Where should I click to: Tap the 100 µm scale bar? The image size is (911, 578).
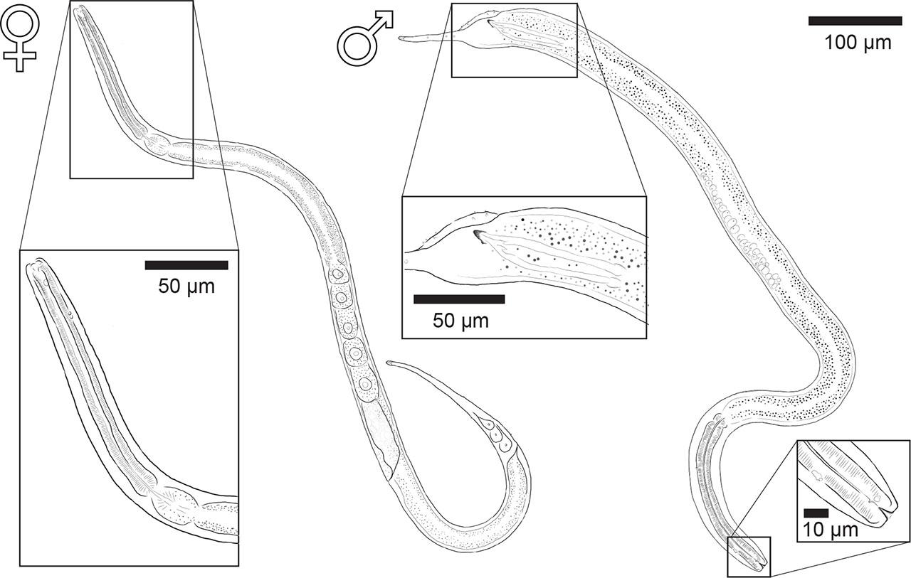click(855, 21)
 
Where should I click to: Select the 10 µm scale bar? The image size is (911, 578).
click(816, 513)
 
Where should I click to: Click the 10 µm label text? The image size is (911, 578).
click(831, 530)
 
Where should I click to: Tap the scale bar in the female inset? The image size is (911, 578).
click(186, 265)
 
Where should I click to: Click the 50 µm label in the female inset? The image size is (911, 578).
click(186, 287)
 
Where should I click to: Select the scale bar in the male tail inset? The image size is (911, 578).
click(459, 299)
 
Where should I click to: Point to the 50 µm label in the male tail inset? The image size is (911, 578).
click(460, 321)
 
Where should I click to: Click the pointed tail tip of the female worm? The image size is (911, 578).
click(388, 363)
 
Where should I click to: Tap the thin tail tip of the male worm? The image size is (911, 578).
click(401, 38)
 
